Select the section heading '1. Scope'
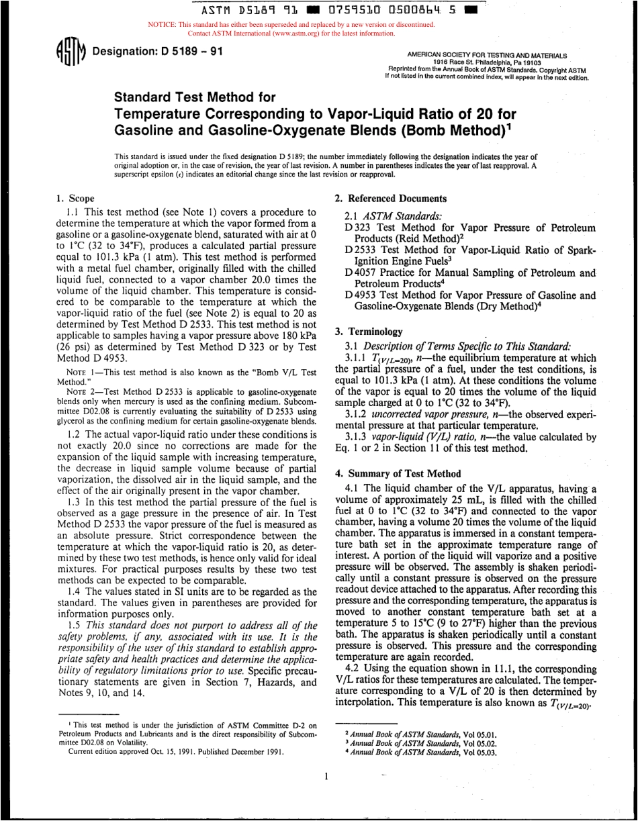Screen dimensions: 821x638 pyautogui.click(x=75, y=198)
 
